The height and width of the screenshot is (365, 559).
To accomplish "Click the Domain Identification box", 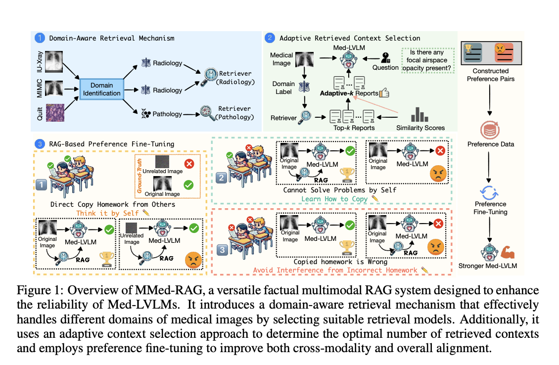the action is point(101,89).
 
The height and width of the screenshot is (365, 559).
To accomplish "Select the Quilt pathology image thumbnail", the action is point(55,113).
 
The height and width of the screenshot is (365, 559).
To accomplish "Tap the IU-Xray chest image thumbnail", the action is point(54,61).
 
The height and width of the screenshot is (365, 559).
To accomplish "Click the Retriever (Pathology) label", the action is point(234,113).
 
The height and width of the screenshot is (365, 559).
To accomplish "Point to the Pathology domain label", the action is point(167,114).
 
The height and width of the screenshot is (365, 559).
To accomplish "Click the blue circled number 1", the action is point(40,38).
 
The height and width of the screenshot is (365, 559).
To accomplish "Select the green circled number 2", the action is point(270,38).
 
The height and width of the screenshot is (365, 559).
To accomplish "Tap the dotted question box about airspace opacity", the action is point(428,60).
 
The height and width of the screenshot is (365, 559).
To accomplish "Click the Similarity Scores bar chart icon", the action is point(419,114).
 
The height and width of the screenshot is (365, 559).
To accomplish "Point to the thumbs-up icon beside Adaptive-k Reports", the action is point(384,93).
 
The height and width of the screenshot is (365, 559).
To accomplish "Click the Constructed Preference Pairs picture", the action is point(491,53).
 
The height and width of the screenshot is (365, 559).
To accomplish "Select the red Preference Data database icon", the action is point(490,130).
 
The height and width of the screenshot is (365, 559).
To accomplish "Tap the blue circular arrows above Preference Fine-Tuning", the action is point(489,193).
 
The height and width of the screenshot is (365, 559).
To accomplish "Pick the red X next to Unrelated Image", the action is point(189,164).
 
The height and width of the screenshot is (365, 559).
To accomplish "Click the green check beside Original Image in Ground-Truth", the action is point(188,185).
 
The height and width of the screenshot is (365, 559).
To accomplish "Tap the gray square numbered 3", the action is point(222,250).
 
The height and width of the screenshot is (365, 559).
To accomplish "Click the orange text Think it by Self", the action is point(107,213).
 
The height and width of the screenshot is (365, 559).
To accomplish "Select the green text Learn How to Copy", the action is point(334,199).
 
